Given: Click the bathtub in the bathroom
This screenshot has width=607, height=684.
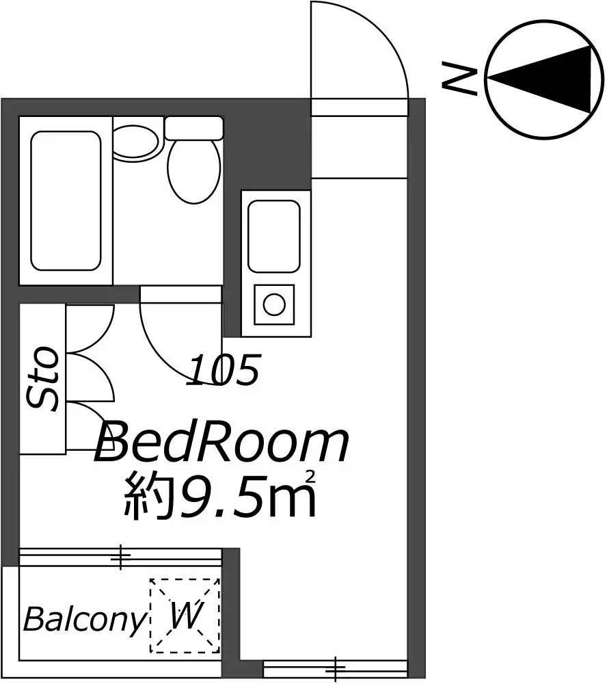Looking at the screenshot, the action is [66, 200].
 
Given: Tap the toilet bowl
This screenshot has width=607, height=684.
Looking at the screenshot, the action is [194, 171].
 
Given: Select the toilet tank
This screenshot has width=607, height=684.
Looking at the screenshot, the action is [194, 128].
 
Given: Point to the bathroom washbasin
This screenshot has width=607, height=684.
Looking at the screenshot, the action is [135, 142].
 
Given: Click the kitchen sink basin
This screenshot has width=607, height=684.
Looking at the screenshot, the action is [274, 236].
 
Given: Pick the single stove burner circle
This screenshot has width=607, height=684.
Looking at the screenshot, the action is [274, 304].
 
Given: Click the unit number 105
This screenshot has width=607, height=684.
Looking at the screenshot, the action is [224, 370].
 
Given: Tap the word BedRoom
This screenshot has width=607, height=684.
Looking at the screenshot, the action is [221, 441].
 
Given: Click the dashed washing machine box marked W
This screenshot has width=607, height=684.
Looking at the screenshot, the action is [185, 616].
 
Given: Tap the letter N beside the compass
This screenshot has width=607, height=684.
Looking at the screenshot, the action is [459, 79].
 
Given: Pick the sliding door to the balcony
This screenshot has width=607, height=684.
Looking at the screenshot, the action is [120, 557].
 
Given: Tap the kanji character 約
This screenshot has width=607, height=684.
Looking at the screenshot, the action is [148, 497].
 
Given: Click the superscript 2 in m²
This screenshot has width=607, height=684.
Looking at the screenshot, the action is [311, 477].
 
